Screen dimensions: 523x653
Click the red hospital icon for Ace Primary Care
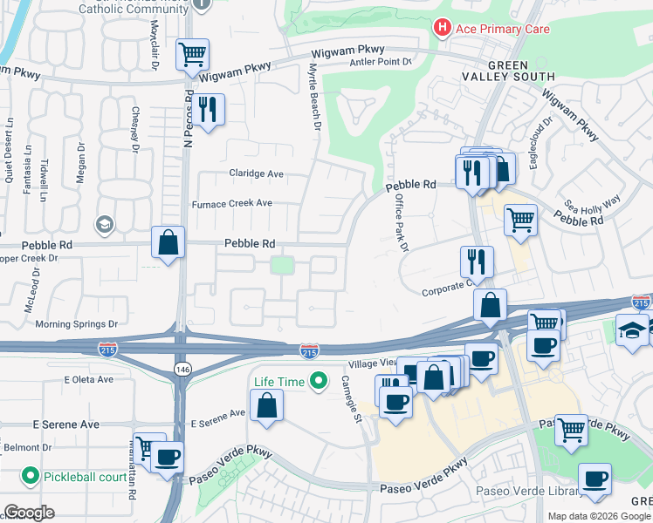pyautogui.click(x=443, y=29)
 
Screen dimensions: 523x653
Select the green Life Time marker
pyautogui.click(x=320, y=381)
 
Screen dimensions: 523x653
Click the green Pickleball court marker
pyautogui.click(x=31, y=476)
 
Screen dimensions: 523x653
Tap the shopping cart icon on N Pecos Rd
pyautogui.click(x=192, y=54)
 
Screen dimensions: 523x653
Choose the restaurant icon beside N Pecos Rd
pyautogui.click(x=208, y=109)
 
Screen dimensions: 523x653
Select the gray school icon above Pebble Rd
pyautogui.click(x=106, y=226)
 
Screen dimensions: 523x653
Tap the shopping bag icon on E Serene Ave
pyautogui.click(x=267, y=404)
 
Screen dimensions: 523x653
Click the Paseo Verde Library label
pyautogui.click(x=525, y=492)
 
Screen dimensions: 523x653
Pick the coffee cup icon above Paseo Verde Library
pyautogui.click(x=595, y=479)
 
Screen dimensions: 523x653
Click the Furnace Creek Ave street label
pyautogui.click(x=232, y=203)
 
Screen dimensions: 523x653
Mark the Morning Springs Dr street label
pyautogui.click(x=76, y=324)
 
